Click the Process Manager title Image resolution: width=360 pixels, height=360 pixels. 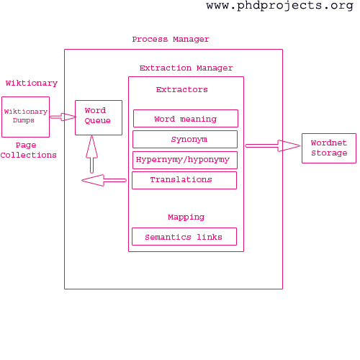click(171, 40)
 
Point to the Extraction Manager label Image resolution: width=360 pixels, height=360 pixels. click(186, 68)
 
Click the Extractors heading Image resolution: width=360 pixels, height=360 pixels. click(182, 90)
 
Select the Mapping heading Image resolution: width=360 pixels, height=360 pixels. click(186, 217)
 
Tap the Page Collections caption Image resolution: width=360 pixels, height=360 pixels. click(28, 150)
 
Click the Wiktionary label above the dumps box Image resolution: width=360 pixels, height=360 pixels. click(32, 84)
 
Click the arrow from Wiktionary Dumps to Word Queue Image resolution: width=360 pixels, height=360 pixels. click(63, 117)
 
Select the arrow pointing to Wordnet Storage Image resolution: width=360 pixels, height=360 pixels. click(273, 145)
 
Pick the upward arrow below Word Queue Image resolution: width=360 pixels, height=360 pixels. click(91, 154)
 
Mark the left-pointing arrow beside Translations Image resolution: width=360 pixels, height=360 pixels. click(104, 180)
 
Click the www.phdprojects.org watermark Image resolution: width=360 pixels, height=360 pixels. click(280, 6)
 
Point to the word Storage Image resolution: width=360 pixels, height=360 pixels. click(329, 153)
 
